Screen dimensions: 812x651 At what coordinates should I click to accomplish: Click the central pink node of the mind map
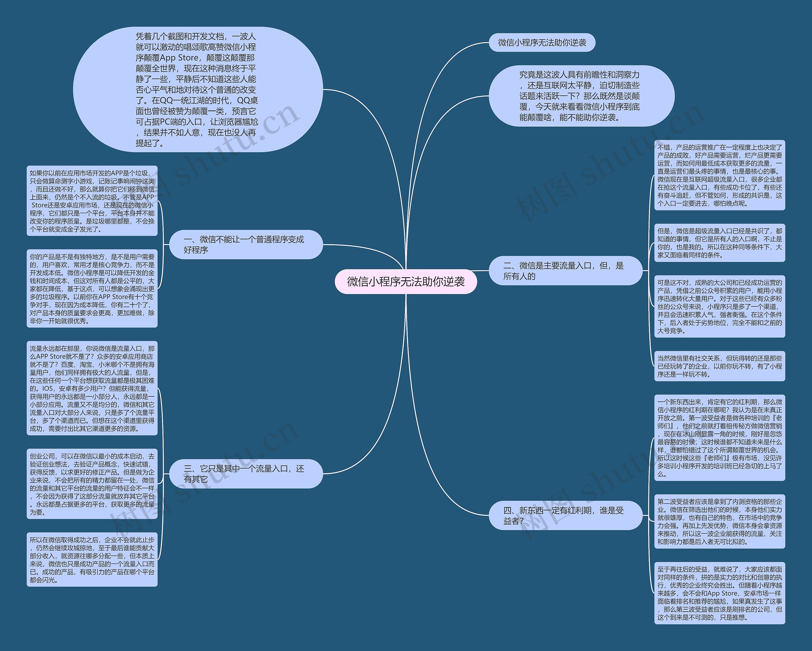pyautogui.click(x=406, y=282)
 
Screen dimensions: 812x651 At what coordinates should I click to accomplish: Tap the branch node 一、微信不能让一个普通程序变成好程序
pyautogui.click(x=246, y=244)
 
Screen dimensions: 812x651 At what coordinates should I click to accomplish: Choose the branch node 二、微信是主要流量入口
pyautogui.click(x=565, y=271)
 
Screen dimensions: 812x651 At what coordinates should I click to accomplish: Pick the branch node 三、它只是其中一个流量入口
pyautogui.click(x=246, y=474)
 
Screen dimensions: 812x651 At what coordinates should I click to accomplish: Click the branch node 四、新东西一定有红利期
pyautogui.click(x=565, y=515)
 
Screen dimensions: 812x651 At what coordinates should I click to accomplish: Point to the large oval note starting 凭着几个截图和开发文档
pyautogui.click(x=197, y=90)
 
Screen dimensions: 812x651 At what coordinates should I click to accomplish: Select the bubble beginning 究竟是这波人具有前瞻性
pyautogui.click(x=581, y=96)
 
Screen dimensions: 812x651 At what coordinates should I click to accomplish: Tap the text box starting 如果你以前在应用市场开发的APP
pyautogui.click(x=92, y=201)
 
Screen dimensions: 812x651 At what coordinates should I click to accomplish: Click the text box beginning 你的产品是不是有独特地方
pyautogui.click(x=92, y=289)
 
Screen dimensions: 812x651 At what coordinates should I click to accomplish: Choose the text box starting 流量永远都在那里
pyautogui.click(x=92, y=388)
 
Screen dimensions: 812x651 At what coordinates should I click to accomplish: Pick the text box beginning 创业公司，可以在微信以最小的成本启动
pyautogui.click(x=92, y=484)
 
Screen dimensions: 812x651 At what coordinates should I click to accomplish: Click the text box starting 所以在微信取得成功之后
pyautogui.click(x=92, y=559)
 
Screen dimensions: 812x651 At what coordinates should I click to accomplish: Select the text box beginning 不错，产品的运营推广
pyautogui.click(x=719, y=175)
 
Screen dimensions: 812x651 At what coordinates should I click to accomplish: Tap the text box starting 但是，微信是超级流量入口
pyautogui.click(x=719, y=243)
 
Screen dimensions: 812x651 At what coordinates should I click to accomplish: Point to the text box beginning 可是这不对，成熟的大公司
pyautogui.click(x=719, y=306)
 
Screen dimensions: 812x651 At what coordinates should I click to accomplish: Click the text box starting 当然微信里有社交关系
pyautogui.click(x=719, y=366)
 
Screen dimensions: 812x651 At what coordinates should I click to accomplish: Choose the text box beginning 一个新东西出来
pyautogui.click(x=719, y=438)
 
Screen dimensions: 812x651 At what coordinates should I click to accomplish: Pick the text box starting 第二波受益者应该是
pyautogui.click(x=719, y=522)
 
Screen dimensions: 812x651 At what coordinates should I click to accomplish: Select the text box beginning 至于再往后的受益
pyautogui.click(x=719, y=593)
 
